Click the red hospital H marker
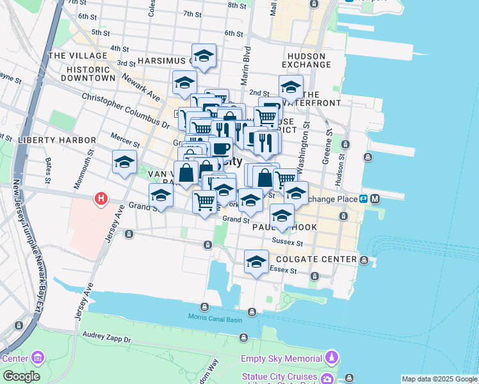[101, 200]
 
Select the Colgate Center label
[315, 259]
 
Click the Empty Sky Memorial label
[281, 358]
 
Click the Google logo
[21, 376]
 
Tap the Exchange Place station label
[329, 199]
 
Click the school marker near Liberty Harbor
[124, 163]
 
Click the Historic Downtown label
[88, 74]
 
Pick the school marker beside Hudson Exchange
[290, 88]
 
